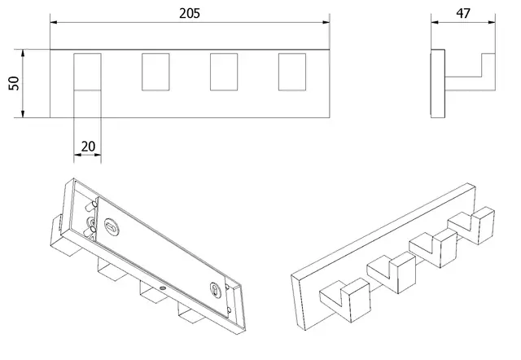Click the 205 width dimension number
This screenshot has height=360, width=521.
190,14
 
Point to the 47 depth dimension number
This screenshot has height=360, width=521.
463,14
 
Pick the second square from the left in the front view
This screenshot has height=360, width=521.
155,72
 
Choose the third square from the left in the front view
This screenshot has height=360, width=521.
223,72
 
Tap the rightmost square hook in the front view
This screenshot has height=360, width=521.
291,72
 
